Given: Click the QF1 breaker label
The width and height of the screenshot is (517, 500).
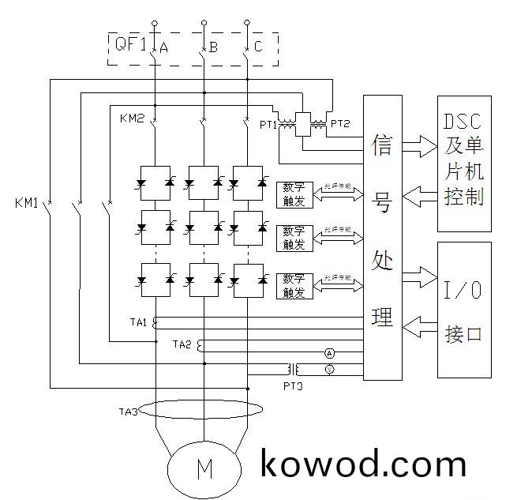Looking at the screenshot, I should coord(130,45).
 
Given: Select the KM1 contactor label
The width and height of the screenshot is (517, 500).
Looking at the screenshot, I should coord(27,203).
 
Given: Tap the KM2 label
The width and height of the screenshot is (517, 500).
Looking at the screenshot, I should coord(131,118).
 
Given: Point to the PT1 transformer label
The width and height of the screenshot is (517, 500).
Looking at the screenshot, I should coord(268,124).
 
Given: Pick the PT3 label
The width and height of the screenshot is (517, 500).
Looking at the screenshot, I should coord(293,385).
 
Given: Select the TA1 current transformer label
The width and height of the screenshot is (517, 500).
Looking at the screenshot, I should coord(139,321).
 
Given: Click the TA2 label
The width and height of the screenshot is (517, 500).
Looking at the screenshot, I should coord(182,344).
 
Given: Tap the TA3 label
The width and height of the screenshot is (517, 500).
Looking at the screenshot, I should coord(128,412).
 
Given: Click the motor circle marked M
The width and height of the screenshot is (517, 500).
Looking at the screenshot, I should coord(204,468).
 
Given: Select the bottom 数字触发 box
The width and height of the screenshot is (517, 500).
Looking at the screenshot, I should coord(294,285).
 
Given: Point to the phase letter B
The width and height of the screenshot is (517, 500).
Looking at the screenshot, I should coord(213,47).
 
